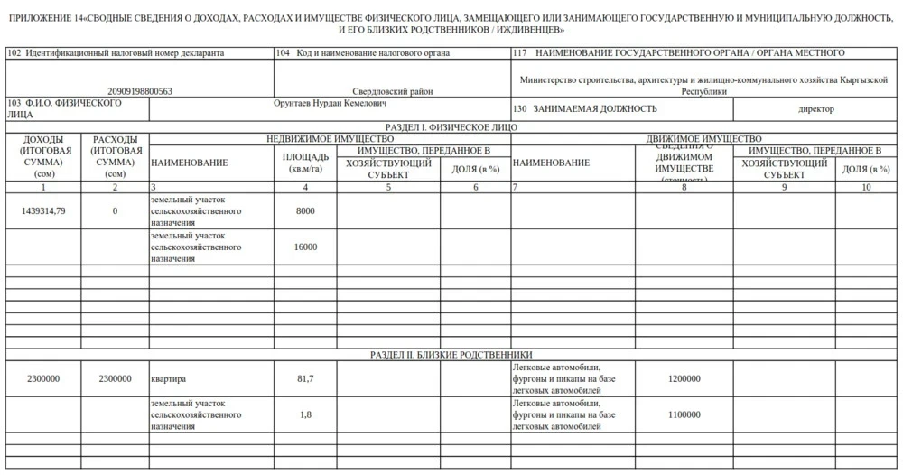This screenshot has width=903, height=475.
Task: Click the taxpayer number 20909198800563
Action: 139,91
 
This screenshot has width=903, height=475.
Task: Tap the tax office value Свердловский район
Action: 392,91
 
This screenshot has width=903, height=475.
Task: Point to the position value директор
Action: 816,109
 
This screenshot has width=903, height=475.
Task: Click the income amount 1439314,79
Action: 43,210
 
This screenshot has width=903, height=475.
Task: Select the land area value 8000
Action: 306,210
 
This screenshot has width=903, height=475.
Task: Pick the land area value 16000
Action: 306,247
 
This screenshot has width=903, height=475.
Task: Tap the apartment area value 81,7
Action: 306,378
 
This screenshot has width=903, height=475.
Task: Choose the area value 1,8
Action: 306,414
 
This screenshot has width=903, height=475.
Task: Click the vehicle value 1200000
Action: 684,378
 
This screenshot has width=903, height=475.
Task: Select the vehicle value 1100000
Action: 684,414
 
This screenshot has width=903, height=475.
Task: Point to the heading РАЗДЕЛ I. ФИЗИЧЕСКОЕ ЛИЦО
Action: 451,127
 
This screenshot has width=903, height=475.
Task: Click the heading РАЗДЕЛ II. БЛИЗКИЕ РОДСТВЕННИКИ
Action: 451,355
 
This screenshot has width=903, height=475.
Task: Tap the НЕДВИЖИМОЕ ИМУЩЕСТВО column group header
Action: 330,139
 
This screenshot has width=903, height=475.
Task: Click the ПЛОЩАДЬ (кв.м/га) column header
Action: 306,163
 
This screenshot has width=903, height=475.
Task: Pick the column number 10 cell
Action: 867,187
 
